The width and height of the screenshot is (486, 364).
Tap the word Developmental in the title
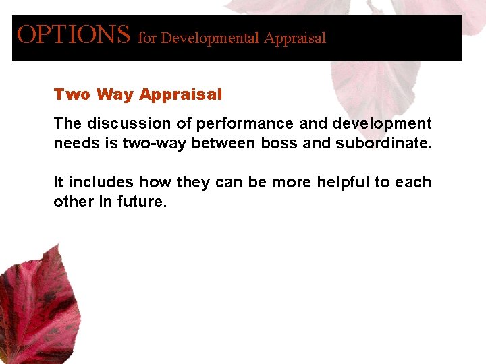pos(211,38)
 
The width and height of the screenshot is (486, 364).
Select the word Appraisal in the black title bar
pos(295,38)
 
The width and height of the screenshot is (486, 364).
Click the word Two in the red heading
pos(72,95)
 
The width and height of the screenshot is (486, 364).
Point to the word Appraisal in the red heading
pos(181,95)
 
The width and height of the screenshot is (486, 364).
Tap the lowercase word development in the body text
pos(382,124)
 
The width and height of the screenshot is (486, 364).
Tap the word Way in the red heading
pos(115,95)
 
